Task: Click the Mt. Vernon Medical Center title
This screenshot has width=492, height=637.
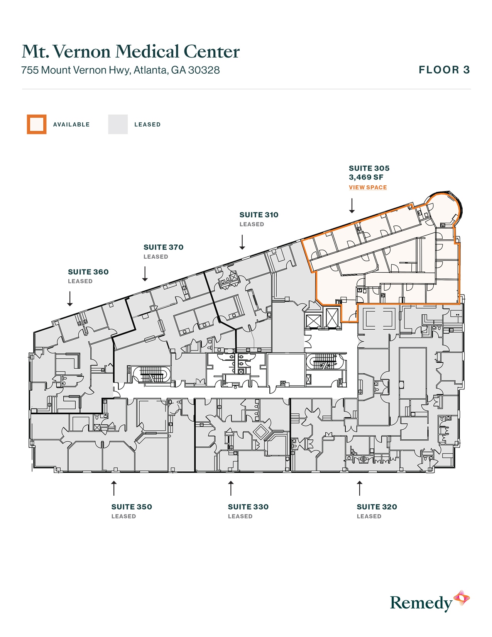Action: (130, 52)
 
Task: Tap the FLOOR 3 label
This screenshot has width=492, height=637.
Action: (444, 70)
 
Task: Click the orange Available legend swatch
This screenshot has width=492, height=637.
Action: (37, 124)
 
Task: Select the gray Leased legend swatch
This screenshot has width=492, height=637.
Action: (118, 124)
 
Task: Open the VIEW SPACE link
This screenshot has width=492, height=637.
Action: (368, 187)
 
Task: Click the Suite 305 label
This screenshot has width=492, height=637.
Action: (369, 168)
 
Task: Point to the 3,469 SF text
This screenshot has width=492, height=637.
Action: (366, 177)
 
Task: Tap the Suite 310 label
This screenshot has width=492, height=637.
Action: (259, 215)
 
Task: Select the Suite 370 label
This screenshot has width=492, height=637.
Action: (163, 247)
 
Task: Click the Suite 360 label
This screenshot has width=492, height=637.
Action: (88, 272)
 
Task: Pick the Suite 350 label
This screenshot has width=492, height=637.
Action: (132, 507)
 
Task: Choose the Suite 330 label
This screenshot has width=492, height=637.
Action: (248, 507)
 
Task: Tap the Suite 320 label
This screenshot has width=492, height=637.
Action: (377, 507)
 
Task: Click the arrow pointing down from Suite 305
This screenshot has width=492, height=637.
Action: (352, 205)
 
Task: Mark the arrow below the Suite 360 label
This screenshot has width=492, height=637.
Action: (70, 299)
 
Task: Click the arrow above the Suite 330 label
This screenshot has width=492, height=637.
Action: (231, 488)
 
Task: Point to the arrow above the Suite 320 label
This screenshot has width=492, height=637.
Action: (360, 488)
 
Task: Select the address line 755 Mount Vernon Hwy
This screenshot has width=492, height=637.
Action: (120, 70)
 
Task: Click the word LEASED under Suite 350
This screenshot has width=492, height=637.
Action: (123, 516)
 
